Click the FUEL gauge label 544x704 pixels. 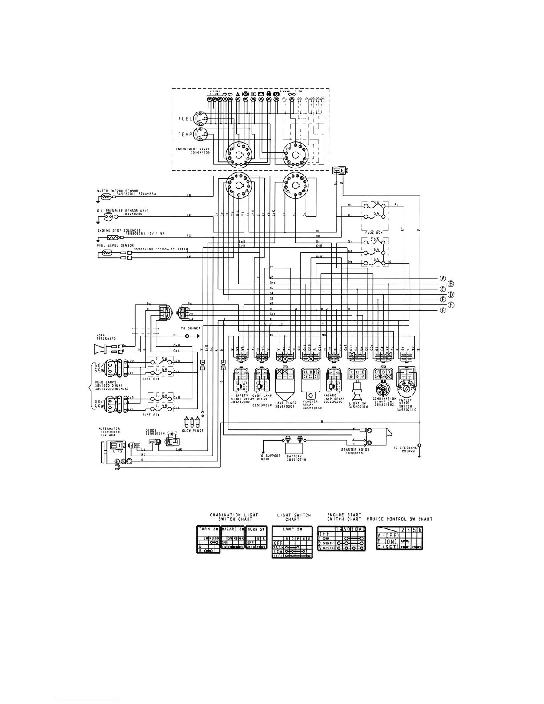point(185,119)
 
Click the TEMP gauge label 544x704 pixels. point(185,134)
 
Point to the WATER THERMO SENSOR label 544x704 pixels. point(117,191)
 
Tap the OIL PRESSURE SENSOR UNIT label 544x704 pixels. point(123,210)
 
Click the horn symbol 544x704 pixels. point(100,348)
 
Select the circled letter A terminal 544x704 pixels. point(443,278)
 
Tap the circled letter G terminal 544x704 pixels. point(443,311)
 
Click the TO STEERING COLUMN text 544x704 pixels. point(405,449)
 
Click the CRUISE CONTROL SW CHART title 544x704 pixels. point(399,519)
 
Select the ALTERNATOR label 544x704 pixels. point(109,429)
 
